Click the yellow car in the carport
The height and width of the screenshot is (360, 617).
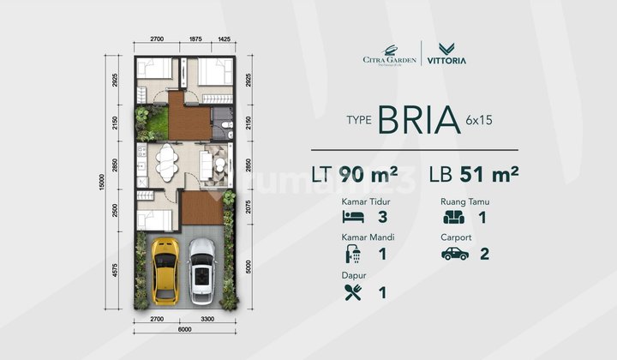164,270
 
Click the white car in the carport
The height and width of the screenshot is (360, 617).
201,271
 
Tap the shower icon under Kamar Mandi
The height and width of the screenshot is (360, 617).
351,255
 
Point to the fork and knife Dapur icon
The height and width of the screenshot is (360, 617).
351,292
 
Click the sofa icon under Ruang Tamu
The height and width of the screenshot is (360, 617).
454,217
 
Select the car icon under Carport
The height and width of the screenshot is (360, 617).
454,255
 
